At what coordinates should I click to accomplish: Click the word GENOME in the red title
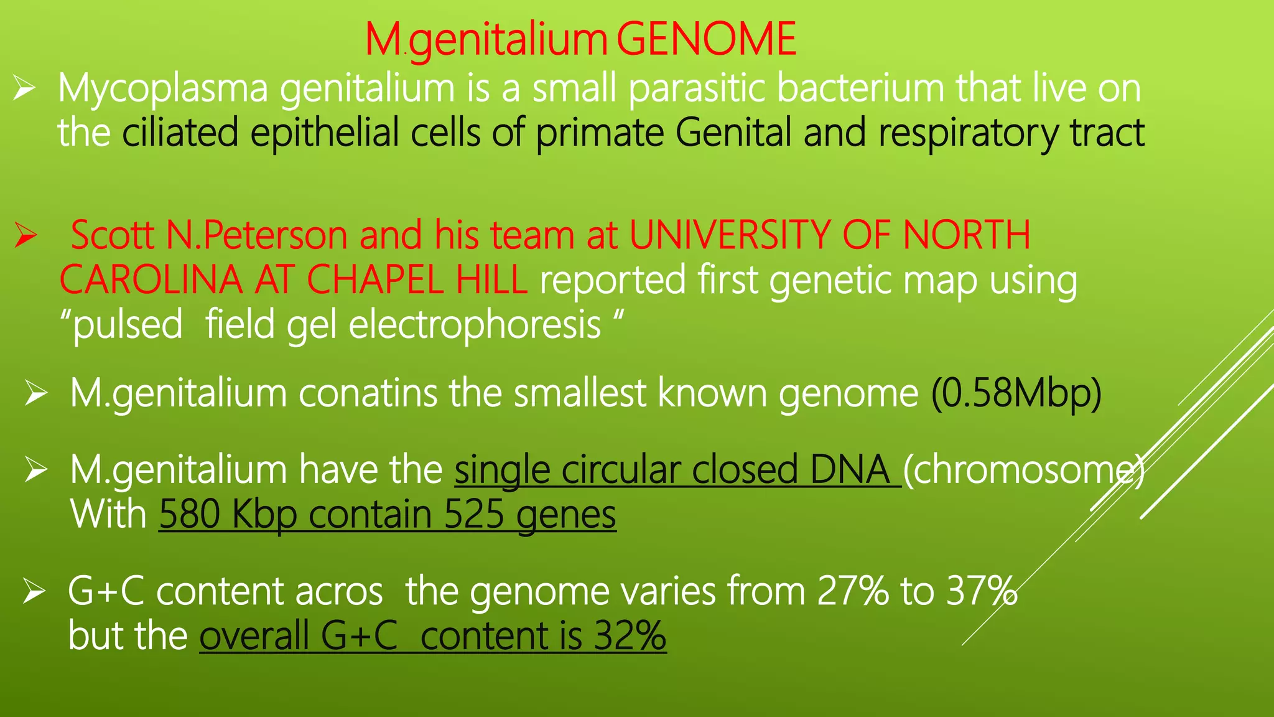(706, 40)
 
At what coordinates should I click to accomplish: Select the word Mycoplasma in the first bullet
(163, 89)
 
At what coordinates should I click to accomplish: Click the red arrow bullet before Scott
(26, 236)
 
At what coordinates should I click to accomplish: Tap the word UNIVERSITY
(730, 236)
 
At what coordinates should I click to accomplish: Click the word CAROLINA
(151, 280)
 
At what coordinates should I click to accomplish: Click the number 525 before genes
(473, 515)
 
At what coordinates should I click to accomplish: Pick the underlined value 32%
(630, 636)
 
